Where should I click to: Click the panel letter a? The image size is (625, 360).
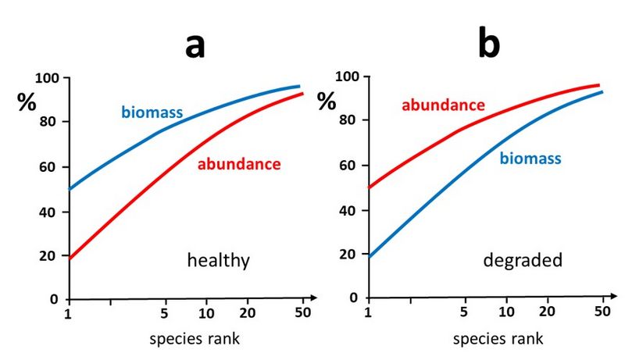pos(195,46)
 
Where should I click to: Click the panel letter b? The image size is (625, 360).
pos(489,45)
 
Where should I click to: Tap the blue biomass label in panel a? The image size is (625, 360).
pos(152,112)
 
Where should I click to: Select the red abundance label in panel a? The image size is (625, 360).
pos(238,164)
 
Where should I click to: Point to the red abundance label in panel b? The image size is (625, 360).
pos(443,105)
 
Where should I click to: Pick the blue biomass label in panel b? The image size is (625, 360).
pos(530,159)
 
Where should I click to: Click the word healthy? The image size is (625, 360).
pos(218,260)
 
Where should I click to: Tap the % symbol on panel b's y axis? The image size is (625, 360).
pos(327,102)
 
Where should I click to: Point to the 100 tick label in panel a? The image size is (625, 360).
pos(48,79)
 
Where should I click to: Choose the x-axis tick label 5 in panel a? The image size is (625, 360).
pos(165,314)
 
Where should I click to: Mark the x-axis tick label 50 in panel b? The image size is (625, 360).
pos(602,312)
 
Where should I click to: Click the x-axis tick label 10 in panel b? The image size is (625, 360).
pos(507,312)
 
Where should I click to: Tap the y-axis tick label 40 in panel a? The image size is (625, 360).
pos(51,212)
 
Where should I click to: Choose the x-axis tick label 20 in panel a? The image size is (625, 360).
pos(248,314)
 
